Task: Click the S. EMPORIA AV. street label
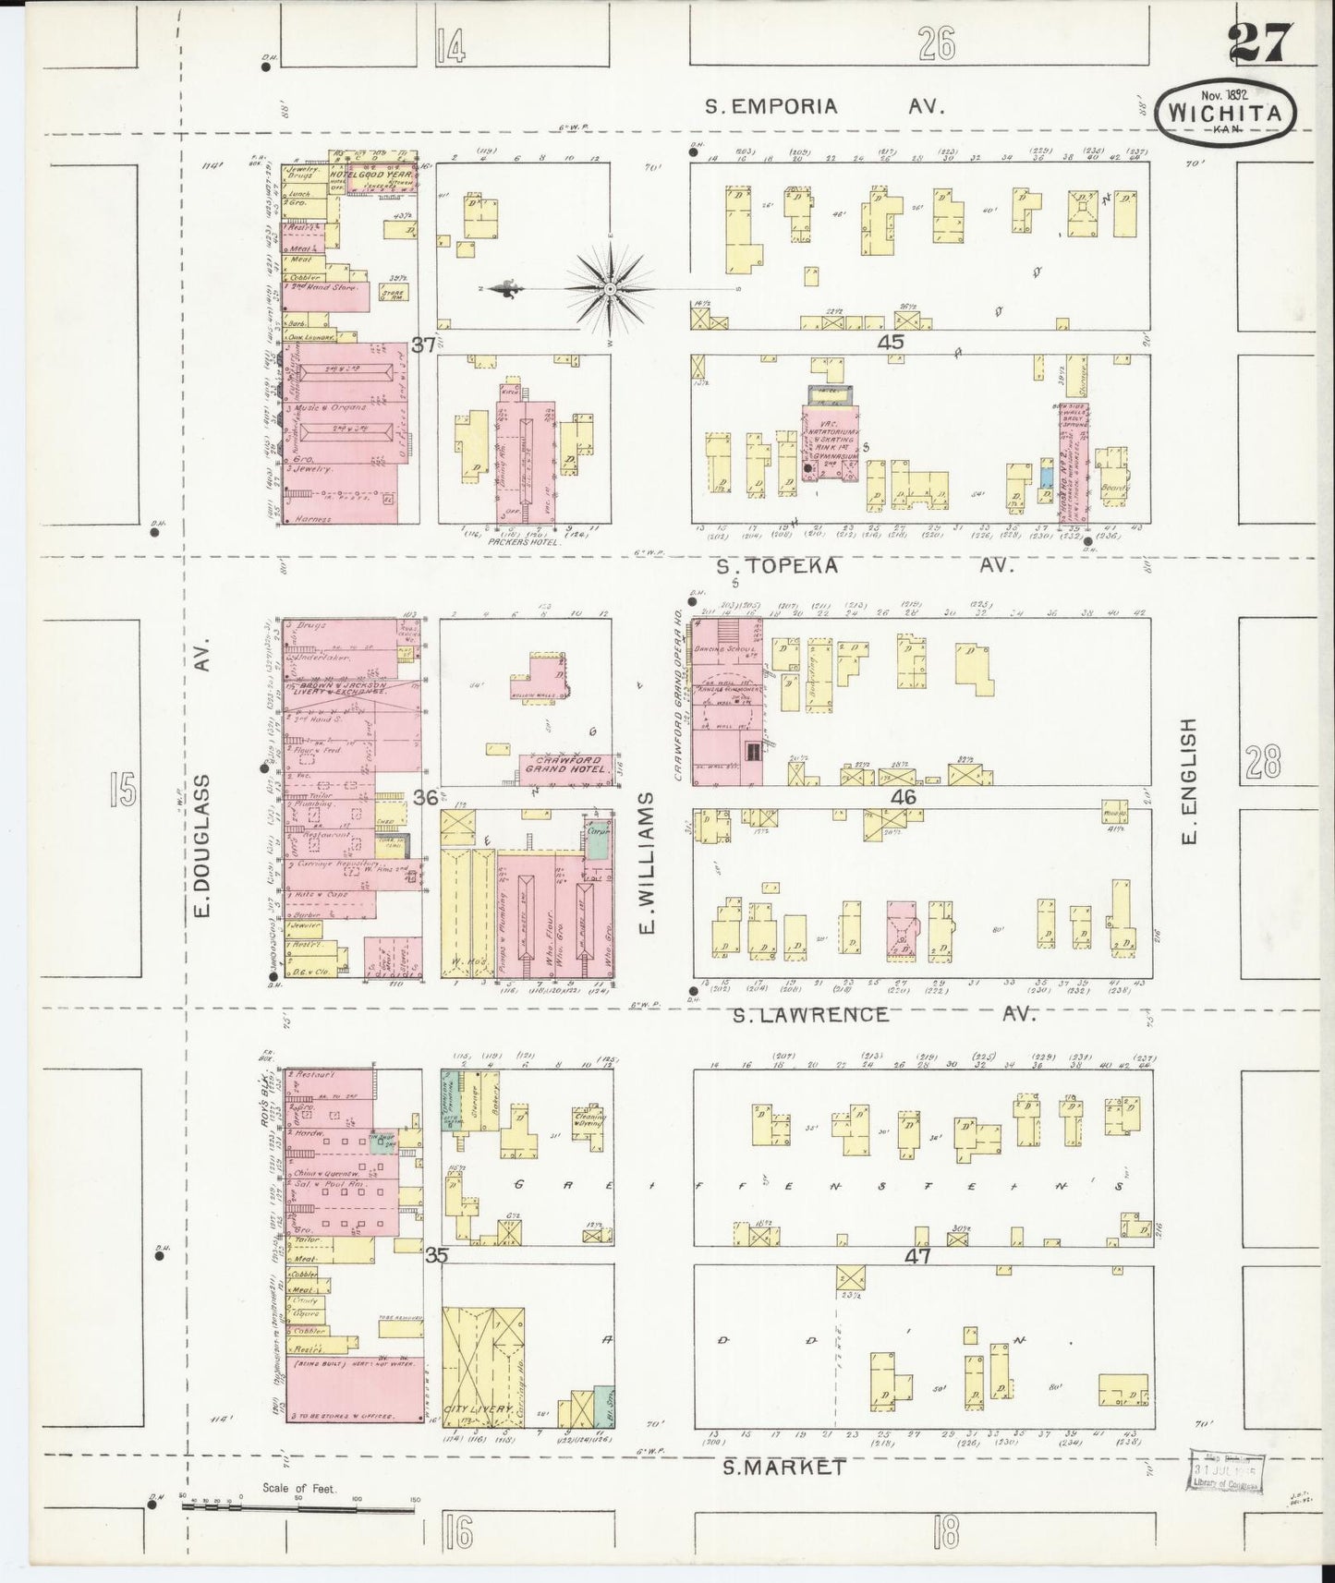(824, 106)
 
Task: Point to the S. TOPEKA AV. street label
(871, 565)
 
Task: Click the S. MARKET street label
(783, 1466)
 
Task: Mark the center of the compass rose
(610, 290)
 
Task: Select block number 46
(903, 797)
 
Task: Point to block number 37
(424, 345)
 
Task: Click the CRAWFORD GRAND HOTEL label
(563, 764)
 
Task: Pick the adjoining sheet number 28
(1262, 763)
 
